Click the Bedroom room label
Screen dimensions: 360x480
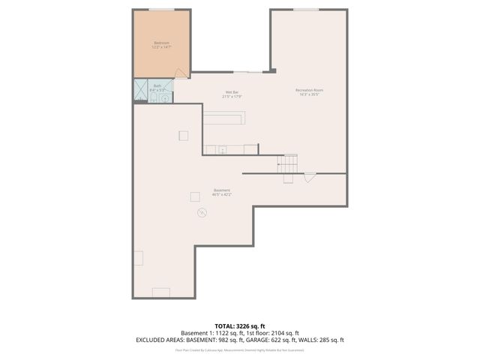coord(162,43)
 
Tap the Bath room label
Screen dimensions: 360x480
coord(157,86)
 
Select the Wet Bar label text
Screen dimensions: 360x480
coord(232,93)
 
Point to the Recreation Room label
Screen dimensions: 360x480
coord(310,91)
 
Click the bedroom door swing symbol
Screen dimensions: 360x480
coord(180,73)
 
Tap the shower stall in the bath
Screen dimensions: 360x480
coord(141,90)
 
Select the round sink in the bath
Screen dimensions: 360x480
coord(165,98)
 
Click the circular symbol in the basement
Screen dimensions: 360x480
coord(201,214)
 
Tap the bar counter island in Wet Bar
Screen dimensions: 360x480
coord(223,118)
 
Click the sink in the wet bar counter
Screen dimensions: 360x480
coord(222,150)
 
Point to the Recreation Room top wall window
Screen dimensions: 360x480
coord(306,10)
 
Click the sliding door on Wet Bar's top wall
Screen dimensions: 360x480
coord(247,72)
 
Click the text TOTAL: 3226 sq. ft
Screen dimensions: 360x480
coord(239,326)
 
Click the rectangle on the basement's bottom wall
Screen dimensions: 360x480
coord(161,292)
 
